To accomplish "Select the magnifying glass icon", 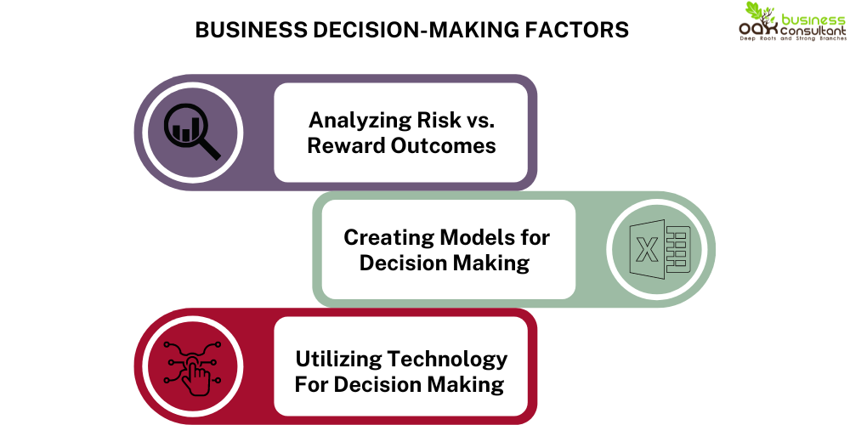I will coord(194,133).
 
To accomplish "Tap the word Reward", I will coord(343,145).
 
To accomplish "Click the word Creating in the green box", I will coord(388,237).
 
